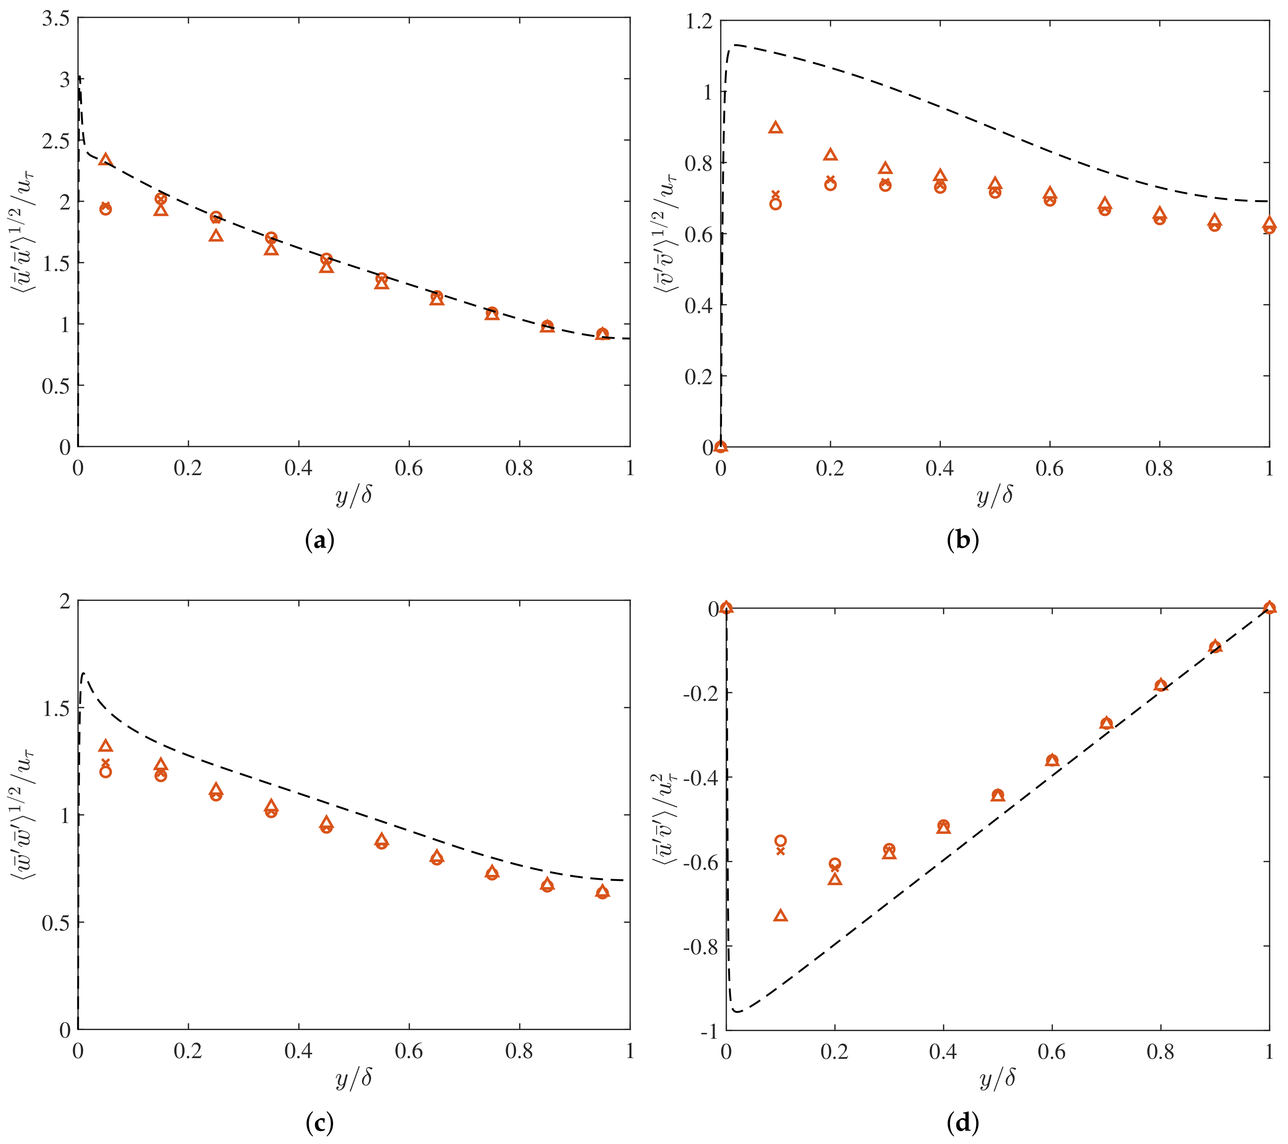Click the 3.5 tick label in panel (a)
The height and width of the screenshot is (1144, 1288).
[x=55, y=19]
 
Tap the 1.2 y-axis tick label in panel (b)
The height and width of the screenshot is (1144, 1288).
[x=698, y=22]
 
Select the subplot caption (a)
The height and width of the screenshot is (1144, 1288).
[x=319, y=541]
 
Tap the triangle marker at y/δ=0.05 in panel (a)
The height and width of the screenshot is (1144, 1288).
[x=106, y=160]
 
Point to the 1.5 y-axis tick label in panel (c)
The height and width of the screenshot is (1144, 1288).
[x=55, y=708]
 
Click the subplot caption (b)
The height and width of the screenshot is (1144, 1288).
[x=962, y=541]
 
